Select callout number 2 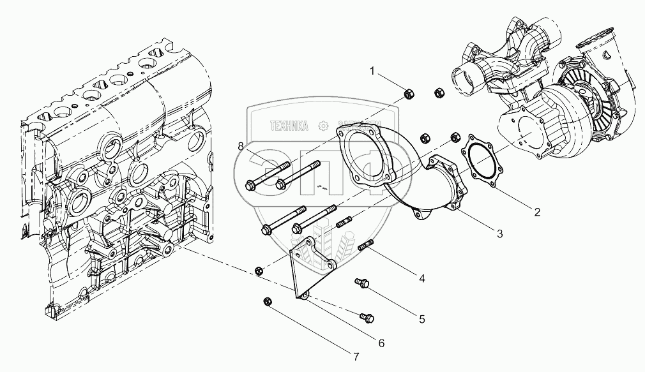(537, 212)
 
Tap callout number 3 (500, 234)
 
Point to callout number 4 (422, 278)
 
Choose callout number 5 (421, 317)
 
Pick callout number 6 (381, 343)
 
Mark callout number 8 (241, 147)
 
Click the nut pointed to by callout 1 (407, 96)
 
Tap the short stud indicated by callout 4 (367, 245)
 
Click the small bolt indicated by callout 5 (362, 283)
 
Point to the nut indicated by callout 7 (268, 301)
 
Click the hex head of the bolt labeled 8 (250, 186)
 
